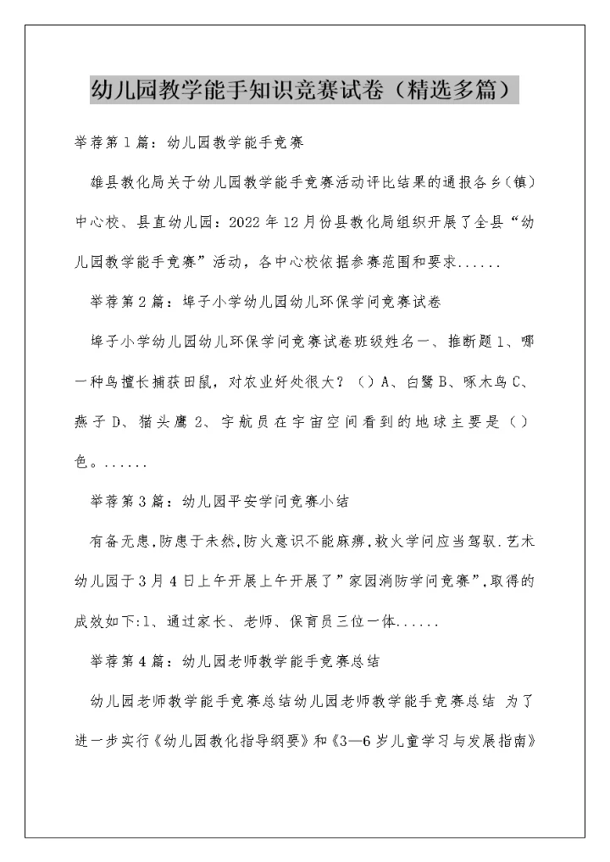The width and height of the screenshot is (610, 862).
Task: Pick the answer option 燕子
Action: click(90, 421)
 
